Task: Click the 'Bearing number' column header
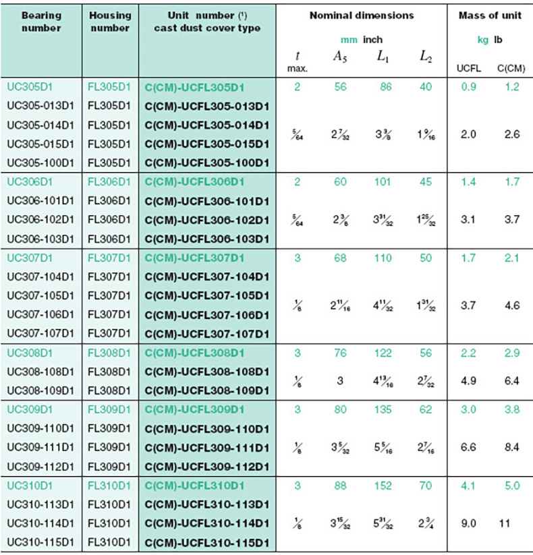41,22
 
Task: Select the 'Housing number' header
110,22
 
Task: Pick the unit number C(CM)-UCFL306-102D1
206,220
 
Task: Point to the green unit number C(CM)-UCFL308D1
194,353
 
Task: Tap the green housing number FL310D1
110,485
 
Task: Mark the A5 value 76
340,353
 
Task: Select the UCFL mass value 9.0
468,522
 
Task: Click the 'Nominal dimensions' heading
362,16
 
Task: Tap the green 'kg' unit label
483,40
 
